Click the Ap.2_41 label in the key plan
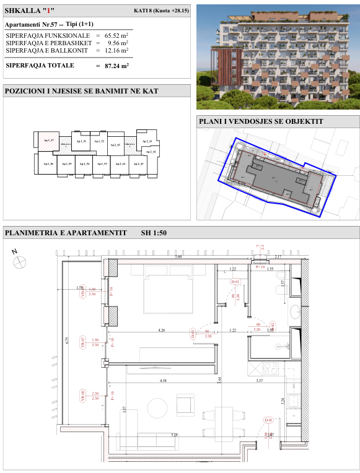pos(147,142)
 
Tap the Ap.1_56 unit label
pos(48,164)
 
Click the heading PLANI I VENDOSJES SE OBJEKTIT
pos(261,121)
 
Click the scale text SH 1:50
pos(154,233)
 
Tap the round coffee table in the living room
pos(157,407)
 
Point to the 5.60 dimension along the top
pos(178,256)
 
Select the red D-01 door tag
pos(235,282)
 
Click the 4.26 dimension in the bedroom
pos(161,330)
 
